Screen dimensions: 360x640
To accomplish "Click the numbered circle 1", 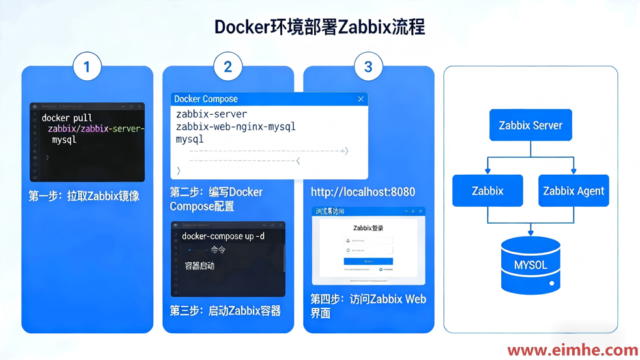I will pyautogui.click(x=87, y=67).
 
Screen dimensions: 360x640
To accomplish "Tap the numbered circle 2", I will pyautogui.click(x=227, y=67).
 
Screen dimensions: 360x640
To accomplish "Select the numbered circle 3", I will pyautogui.click(x=368, y=67).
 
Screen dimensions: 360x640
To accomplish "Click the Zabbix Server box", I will pyautogui.click(x=531, y=125).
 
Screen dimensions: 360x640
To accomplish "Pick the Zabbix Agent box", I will pyautogui.click(x=574, y=191).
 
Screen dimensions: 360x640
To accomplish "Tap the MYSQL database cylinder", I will pyautogui.click(x=531, y=265).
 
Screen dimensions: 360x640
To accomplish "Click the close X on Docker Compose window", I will pyautogui.click(x=360, y=99).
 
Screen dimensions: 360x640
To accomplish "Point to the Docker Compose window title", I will pyautogui.click(x=206, y=99).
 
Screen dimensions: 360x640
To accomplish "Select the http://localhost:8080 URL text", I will pyautogui.click(x=363, y=192).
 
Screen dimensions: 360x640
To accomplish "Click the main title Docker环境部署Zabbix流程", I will pyautogui.click(x=320, y=27).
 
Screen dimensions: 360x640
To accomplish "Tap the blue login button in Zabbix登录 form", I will pyautogui.click(x=368, y=261).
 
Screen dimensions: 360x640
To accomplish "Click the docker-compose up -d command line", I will pyautogui.click(x=224, y=236).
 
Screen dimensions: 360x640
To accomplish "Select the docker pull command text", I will pyautogui.click(x=67, y=118).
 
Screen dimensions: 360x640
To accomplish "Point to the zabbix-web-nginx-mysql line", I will pyautogui.click(x=235, y=127).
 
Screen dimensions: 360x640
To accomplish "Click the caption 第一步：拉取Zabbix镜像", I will pyautogui.click(x=84, y=196).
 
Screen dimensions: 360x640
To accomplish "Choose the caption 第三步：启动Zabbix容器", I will pyautogui.click(x=225, y=311).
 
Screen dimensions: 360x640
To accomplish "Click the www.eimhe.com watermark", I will pyautogui.click(x=572, y=350).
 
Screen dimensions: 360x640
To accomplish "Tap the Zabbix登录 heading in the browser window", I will pyautogui.click(x=368, y=228).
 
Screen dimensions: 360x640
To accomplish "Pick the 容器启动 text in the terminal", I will pyautogui.click(x=199, y=266).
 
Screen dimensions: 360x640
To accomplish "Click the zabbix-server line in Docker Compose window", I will pyautogui.click(x=212, y=114).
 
